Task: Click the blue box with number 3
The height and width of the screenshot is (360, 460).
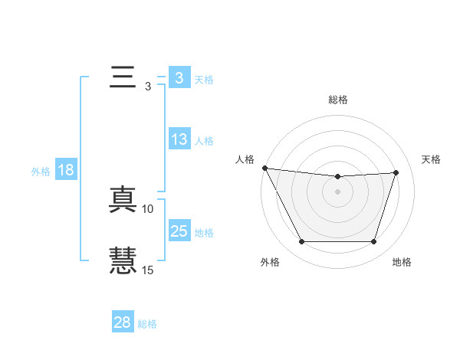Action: [179, 78]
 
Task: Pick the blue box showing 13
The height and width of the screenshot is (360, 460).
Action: [179, 139]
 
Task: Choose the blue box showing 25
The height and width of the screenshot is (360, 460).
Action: [179, 231]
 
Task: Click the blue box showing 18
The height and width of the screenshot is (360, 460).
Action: [66, 170]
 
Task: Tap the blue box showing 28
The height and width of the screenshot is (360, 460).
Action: [123, 322]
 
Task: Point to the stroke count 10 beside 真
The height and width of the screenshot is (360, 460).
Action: [148, 208]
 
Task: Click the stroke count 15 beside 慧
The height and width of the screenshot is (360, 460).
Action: [148, 270]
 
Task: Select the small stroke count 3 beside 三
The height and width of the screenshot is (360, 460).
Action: [147, 87]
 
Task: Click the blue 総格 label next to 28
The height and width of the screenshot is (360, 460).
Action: [147, 324]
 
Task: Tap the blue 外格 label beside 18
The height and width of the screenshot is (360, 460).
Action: [41, 172]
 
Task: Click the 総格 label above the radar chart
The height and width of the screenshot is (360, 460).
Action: [337, 100]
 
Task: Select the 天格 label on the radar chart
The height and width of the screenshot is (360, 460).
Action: [432, 159]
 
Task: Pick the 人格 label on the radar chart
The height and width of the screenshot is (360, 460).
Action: [245, 159]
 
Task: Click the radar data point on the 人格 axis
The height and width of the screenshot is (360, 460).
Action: [264, 168]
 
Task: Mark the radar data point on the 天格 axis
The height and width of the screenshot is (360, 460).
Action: [396, 172]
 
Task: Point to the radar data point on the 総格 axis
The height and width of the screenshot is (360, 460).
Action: [337, 177]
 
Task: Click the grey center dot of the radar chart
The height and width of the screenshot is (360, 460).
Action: [337, 191]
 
